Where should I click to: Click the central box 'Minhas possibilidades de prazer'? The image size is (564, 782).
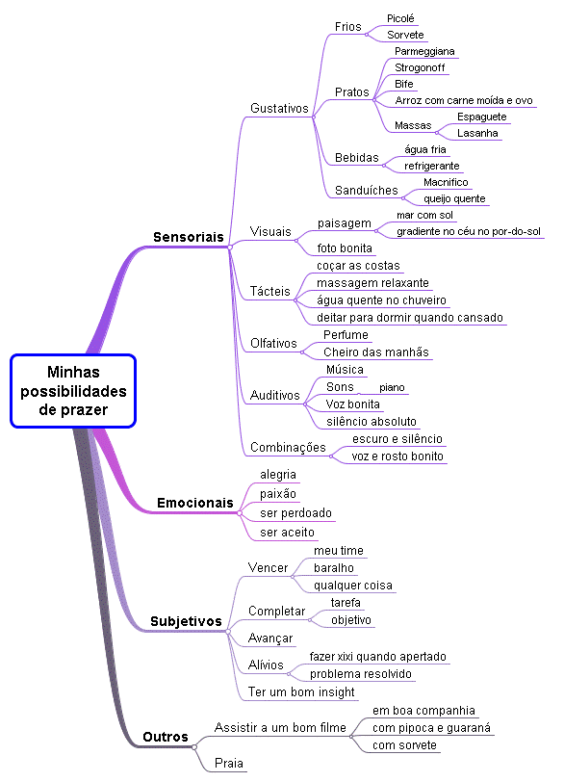73,390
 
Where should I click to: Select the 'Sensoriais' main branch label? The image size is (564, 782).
189,237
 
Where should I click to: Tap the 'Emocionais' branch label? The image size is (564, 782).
194,503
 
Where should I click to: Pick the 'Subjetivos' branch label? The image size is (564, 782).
186,621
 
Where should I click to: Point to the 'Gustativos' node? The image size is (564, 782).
279,109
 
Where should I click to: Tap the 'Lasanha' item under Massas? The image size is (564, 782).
477,133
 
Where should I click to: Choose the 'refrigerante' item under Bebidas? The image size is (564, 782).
432,166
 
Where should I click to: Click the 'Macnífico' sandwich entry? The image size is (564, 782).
446,182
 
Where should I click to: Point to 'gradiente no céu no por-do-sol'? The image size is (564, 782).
470,231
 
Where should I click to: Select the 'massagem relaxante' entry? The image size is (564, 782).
373,283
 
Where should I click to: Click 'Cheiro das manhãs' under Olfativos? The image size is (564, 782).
376,352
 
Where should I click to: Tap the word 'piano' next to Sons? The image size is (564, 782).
392,387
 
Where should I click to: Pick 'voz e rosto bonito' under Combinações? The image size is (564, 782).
397,456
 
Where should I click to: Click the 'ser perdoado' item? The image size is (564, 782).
296,513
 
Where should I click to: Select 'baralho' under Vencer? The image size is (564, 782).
334,568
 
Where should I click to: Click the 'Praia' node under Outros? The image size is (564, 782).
229,763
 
